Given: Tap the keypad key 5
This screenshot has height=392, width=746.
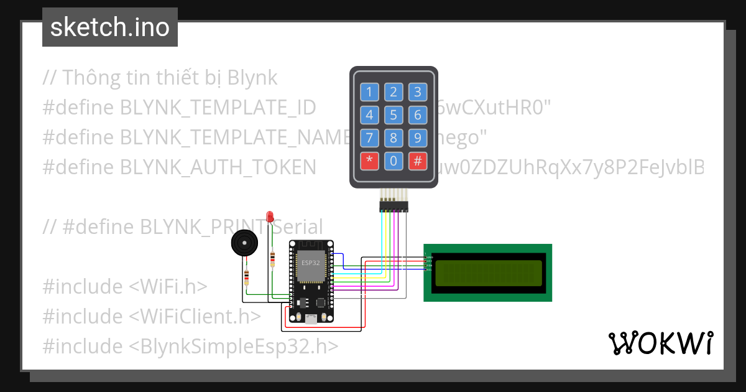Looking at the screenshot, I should [x=394, y=115].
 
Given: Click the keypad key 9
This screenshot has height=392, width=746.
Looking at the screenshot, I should [x=418, y=138].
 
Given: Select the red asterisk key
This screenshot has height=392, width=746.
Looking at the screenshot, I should [x=369, y=161].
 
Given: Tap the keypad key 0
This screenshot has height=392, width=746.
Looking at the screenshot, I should [x=394, y=161].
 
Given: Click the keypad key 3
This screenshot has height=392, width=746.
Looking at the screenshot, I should [x=418, y=93].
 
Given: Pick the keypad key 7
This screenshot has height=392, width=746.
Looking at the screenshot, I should [x=369, y=138].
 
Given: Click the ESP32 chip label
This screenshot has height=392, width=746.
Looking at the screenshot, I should [x=311, y=263].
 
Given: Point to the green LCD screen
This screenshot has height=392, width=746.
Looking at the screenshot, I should [x=488, y=273].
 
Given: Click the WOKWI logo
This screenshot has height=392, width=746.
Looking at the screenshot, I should [x=661, y=343].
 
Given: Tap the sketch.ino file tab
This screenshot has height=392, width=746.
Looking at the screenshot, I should [x=110, y=27].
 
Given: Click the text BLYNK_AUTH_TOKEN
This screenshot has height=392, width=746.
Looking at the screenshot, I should [x=218, y=167].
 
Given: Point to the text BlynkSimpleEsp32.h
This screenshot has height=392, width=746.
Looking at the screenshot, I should [x=234, y=347].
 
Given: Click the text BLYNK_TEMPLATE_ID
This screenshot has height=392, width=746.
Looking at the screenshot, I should [x=218, y=108].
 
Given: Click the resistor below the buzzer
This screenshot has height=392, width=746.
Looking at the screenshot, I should [x=247, y=278].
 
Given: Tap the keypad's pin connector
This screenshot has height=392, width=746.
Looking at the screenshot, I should [x=394, y=205].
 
